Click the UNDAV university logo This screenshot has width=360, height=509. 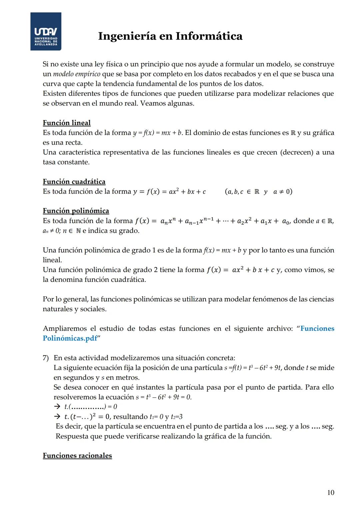point(46,32)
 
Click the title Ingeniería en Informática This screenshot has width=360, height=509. point(170,36)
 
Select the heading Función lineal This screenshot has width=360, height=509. point(67,123)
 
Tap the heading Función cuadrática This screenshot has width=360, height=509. point(74,182)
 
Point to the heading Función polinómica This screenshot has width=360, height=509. point(76,211)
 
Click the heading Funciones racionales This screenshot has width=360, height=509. point(77,456)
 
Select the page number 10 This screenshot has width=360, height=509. point(330,493)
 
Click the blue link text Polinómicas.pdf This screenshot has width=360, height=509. point(70,338)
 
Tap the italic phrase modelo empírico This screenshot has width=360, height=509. point(77,74)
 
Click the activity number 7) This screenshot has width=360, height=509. point(46,358)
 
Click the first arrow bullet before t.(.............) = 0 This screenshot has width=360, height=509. point(57,407)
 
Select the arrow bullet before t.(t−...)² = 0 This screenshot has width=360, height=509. point(57,417)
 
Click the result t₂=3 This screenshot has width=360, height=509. point(176,417)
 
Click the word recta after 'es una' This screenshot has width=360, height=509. point(73,143)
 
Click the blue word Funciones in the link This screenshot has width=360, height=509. point(317,329)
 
